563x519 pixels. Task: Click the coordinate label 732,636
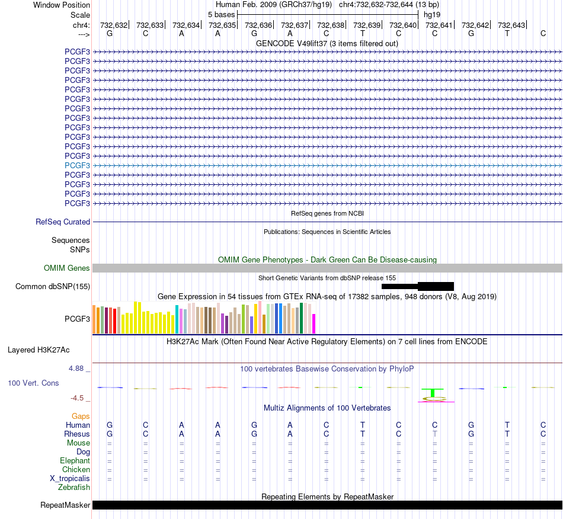pyautogui.click(x=258, y=25)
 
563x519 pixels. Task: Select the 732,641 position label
pyautogui.click(x=439, y=25)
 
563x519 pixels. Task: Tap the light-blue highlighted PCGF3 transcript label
pyautogui.click(x=77, y=165)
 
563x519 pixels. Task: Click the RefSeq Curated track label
pyautogui.click(x=63, y=222)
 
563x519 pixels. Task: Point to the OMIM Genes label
pyautogui.click(x=67, y=268)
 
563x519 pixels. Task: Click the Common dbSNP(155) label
pyautogui.click(x=53, y=286)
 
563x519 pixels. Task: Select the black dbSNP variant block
pyautogui.click(x=418, y=286)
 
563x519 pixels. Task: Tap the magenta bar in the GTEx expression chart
pyautogui.click(x=314, y=323)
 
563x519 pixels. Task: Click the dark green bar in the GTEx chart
pyautogui.click(x=301, y=318)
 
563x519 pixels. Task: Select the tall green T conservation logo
pyautogui.click(x=433, y=393)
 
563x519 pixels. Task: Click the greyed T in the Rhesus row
pyautogui.click(x=435, y=434)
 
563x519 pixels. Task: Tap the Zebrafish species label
pyautogui.click(x=74, y=488)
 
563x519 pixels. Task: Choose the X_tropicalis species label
pyautogui.click(x=70, y=479)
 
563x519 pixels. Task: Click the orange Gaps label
pyautogui.click(x=81, y=416)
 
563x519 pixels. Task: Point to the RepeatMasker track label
pyautogui.click(x=65, y=505)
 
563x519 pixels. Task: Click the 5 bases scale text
pyautogui.click(x=221, y=15)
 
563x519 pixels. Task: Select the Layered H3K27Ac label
pyautogui.click(x=39, y=350)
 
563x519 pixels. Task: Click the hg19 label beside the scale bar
pyautogui.click(x=432, y=15)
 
